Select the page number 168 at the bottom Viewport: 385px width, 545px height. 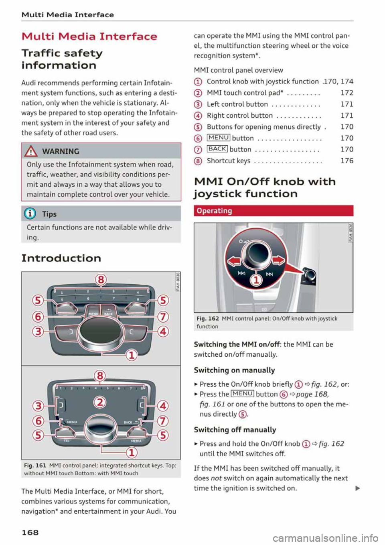(30, 532)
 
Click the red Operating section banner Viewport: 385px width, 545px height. (274, 211)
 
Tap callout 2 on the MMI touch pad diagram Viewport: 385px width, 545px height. (100, 402)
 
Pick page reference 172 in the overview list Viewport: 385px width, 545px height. (346, 93)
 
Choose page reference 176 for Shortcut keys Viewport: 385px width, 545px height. (346, 161)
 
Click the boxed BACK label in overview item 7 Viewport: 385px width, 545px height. (217, 149)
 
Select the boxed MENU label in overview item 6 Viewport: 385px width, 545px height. (219, 138)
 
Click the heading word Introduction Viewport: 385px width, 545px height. (61, 258)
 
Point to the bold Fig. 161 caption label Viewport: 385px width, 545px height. (35, 466)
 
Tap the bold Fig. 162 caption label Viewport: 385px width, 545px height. (207, 319)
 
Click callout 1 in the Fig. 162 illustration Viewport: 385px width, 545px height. (256, 280)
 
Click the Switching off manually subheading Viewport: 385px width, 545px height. (235, 430)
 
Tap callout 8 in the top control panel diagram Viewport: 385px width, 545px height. (101, 279)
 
